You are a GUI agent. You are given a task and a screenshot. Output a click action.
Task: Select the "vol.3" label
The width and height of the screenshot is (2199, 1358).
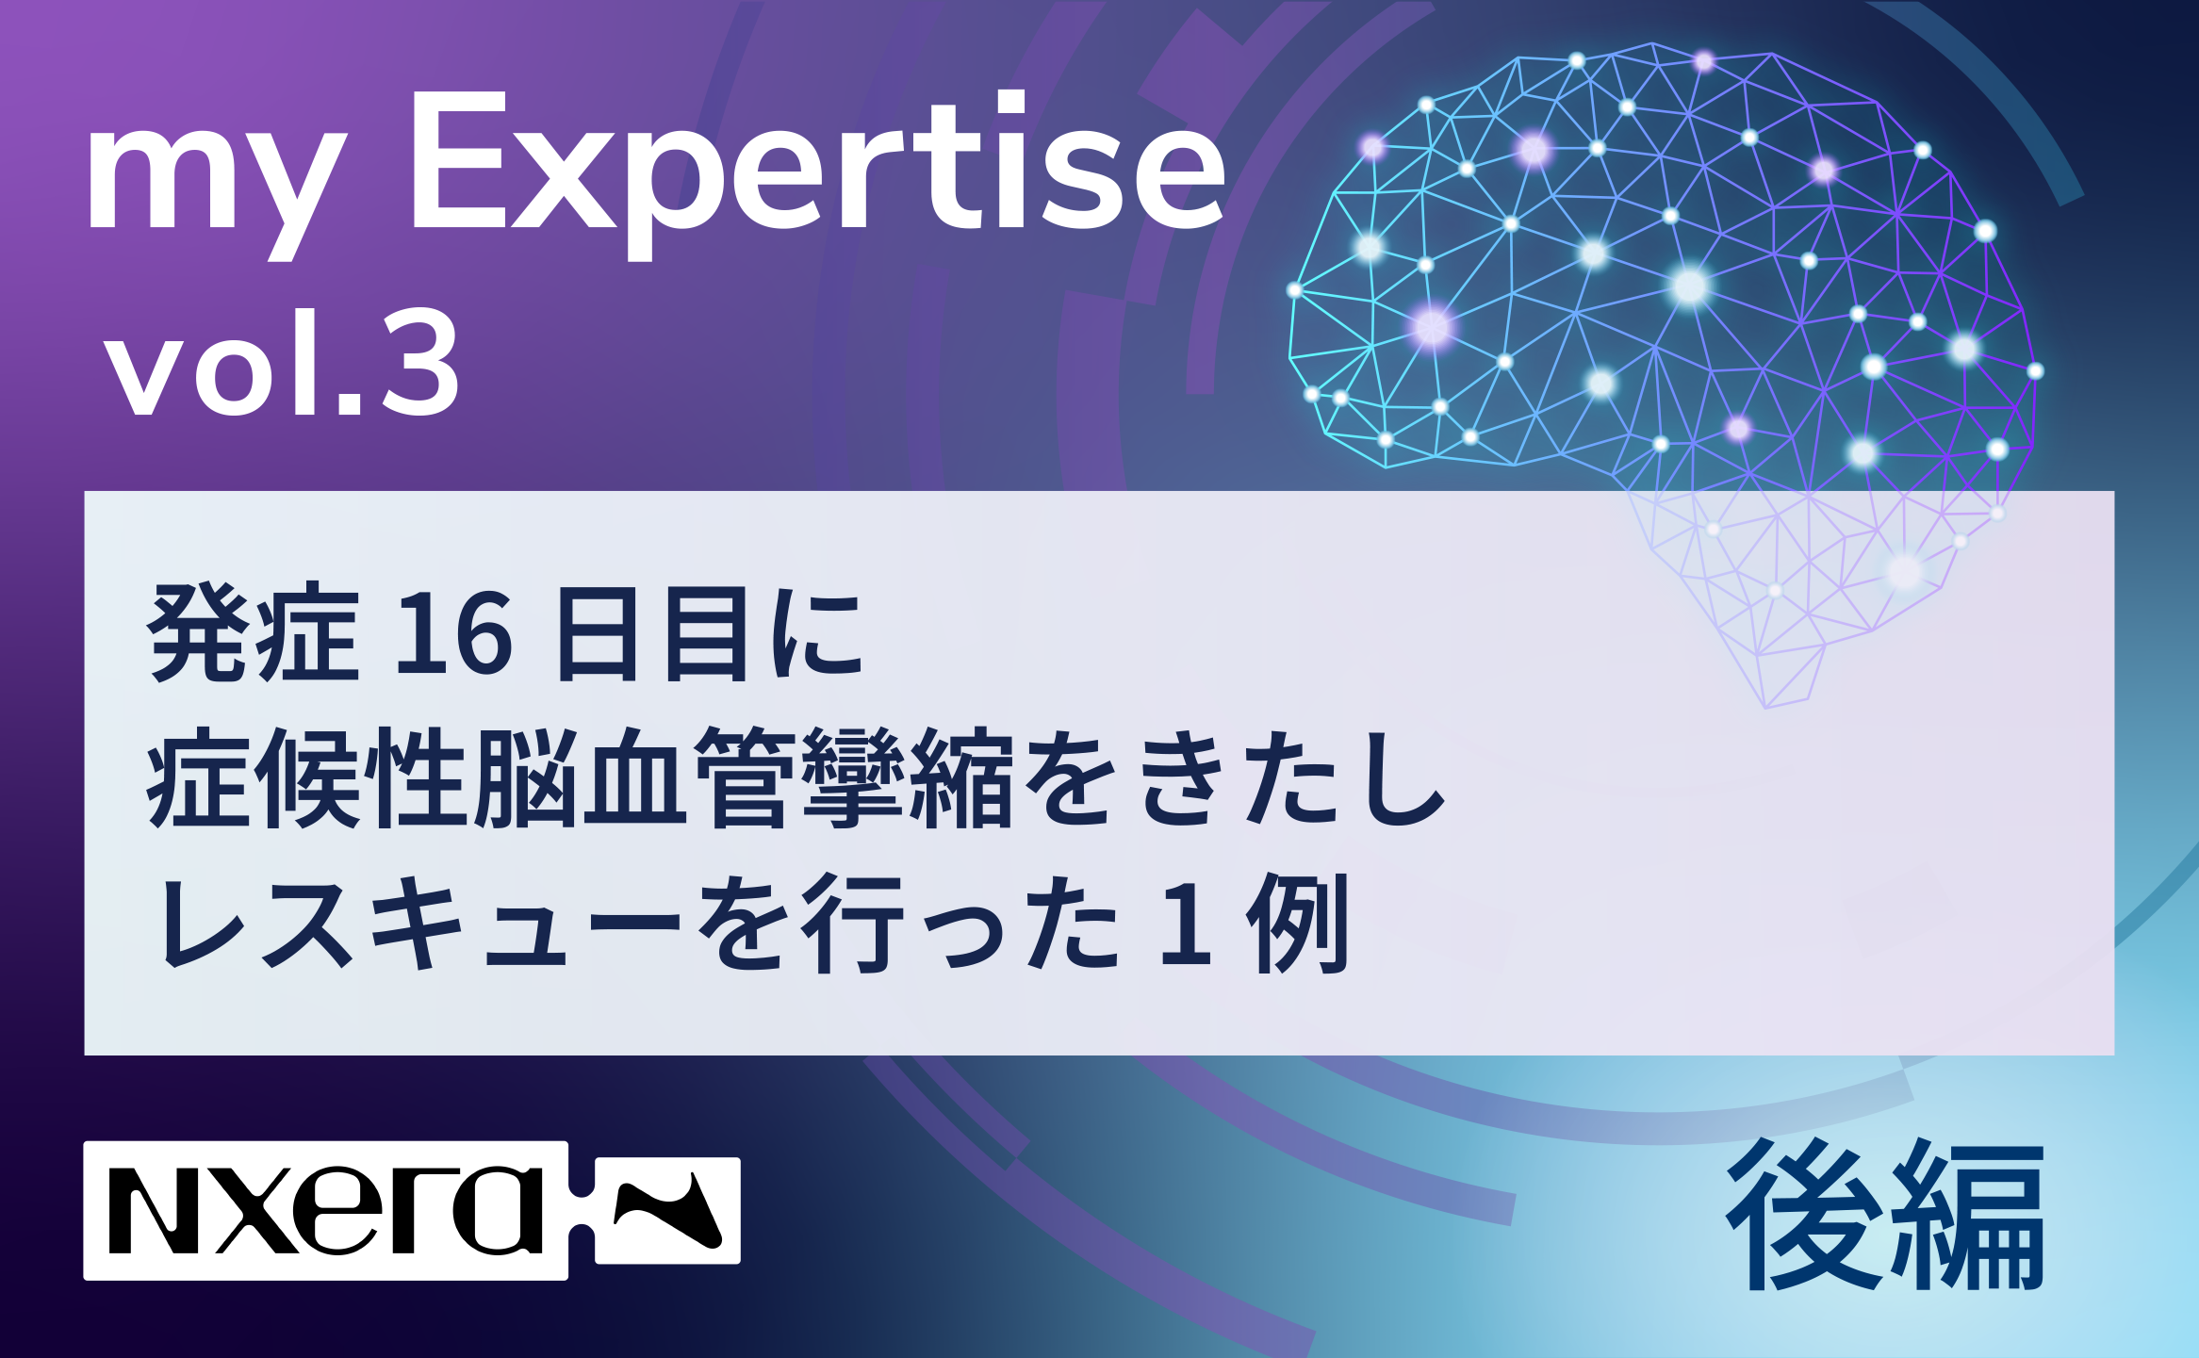tap(284, 363)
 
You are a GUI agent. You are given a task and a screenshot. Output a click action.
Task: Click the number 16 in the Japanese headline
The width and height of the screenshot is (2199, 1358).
tap(454, 633)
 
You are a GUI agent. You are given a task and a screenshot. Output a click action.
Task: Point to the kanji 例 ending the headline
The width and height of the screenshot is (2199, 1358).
tap(1299, 922)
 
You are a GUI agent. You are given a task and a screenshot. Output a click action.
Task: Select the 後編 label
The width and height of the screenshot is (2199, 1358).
tap(1886, 1217)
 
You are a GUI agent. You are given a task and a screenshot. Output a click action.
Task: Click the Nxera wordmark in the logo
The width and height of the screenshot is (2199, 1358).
tap(326, 1210)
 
